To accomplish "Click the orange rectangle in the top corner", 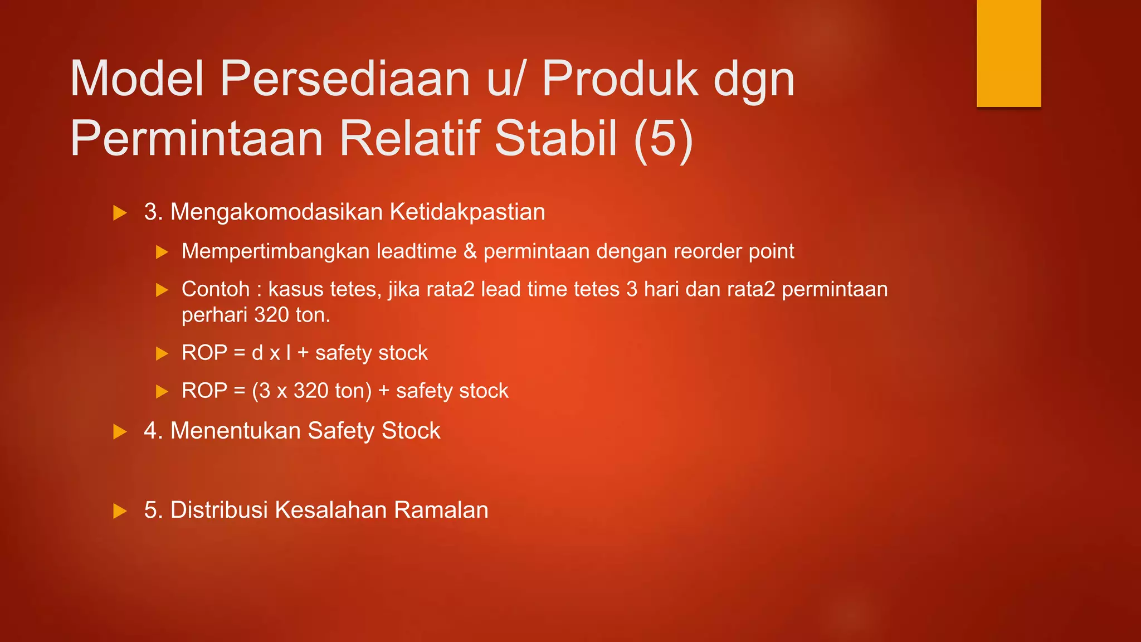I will [1008, 53].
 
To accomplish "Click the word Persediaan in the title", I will [345, 79].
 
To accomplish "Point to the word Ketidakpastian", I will [467, 212].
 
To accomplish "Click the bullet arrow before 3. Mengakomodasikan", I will [120, 213].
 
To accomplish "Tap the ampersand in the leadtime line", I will [470, 251].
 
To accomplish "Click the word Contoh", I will [215, 289].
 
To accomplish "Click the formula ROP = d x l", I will [236, 353].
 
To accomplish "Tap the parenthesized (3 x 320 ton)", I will [311, 391].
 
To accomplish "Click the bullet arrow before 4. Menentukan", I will [120, 432].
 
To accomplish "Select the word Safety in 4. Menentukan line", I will [341, 431].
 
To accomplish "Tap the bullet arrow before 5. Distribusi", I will [120, 511].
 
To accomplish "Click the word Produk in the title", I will [620, 79].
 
